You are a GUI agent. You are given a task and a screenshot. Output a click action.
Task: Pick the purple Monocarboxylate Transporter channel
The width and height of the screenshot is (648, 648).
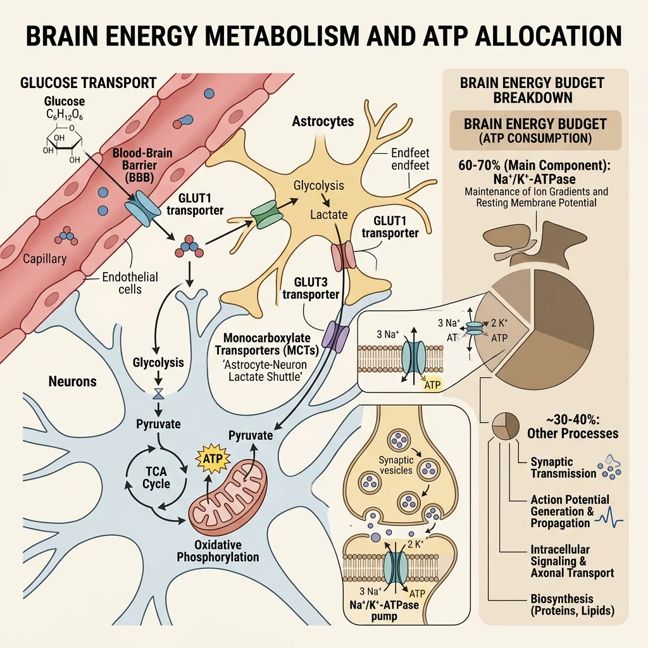335,335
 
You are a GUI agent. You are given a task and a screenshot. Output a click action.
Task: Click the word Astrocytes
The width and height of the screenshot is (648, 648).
323,121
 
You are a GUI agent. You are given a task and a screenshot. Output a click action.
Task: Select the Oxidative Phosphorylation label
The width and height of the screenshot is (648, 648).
218,551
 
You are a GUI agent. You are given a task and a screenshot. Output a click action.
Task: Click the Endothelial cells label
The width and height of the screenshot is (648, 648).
129,283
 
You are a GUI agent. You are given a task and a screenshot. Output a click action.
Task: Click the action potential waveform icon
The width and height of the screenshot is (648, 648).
609,518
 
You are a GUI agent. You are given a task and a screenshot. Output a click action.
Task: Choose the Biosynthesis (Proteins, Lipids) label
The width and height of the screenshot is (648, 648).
572,605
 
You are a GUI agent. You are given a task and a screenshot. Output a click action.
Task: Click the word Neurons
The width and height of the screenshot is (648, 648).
73,382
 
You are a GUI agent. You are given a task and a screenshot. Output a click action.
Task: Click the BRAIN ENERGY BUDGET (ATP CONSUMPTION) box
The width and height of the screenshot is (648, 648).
535,130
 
